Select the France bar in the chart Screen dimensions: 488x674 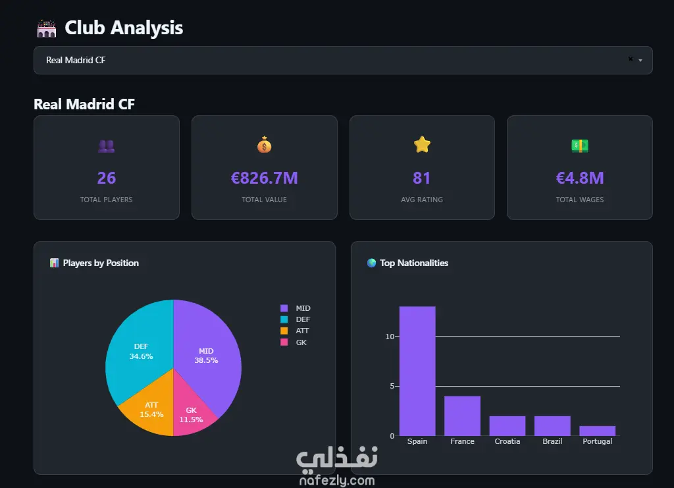(462, 416)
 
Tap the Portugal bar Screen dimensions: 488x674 (597, 431)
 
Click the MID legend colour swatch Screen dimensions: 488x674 (284, 308)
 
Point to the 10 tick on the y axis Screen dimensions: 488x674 (389, 337)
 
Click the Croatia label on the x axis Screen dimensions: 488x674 (507, 441)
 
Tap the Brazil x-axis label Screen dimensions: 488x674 (552, 441)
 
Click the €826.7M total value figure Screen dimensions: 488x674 (264, 178)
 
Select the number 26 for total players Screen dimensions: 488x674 (106, 178)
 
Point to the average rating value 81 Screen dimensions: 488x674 (422, 178)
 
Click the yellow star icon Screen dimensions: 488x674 (422, 144)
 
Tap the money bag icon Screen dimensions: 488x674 (264, 144)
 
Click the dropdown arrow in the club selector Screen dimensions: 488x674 (640, 61)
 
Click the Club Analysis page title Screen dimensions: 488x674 (124, 28)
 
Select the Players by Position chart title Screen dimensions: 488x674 (101, 263)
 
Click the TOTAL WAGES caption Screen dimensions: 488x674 (579, 200)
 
